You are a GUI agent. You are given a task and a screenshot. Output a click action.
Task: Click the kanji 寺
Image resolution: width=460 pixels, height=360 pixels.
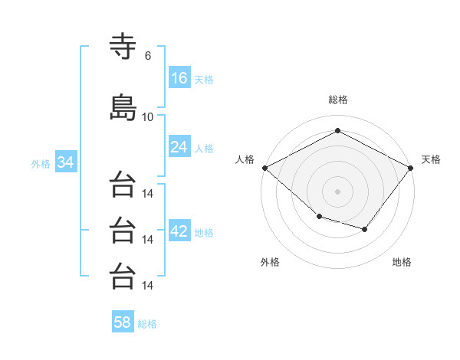pyautogui.click(x=123, y=46)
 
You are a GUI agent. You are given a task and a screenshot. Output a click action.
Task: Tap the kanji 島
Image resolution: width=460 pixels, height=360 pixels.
pyautogui.click(x=123, y=107)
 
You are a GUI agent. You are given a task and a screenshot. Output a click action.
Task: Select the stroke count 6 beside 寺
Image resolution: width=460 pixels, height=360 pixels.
pyautogui.click(x=148, y=56)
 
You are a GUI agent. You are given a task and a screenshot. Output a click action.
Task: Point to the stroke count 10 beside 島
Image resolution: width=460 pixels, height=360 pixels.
pyautogui.click(x=147, y=117)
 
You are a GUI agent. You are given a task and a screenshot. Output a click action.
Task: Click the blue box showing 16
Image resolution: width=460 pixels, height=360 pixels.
pyautogui.click(x=179, y=77)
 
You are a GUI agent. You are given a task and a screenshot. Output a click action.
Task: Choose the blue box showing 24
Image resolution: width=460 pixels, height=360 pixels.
pyautogui.click(x=179, y=146)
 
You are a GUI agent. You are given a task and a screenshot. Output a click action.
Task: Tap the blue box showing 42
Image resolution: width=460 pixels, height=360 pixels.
pyautogui.click(x=179, y=230)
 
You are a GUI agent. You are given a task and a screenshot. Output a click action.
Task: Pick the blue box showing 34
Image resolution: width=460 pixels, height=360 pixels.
pyautogui.click(x=66, y=162)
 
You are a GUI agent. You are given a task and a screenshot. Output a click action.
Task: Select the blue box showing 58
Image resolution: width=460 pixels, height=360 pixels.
pyautogui.click(x=123, y=321)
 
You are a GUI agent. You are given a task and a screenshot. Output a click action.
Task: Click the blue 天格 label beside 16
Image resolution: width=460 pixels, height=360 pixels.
pyautogui.click(x=204, y=80)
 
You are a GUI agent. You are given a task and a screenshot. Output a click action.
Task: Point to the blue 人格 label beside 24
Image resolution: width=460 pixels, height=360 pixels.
pyautogui.click(x=204, y=149)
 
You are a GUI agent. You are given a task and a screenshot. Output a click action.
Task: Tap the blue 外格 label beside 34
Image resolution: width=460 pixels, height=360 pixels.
pyautogui.click(x=41, y=164)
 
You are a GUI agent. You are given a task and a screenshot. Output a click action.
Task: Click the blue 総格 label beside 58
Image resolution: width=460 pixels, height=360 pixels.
pyautogui.click(x=147, y=324)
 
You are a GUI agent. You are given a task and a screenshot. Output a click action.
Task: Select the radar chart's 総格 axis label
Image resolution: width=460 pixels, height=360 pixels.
pyautogui.click(x=338, y=100)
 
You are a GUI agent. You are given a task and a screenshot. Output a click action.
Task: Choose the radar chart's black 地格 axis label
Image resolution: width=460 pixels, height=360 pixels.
pyautogui.click(x=402, y=262)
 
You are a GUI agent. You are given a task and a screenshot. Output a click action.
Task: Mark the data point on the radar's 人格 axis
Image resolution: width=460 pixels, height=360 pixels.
pyautogui.click(x=265, y=168)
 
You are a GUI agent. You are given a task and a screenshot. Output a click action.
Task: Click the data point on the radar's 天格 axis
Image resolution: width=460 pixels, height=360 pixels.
pyautogui.click(x=410, y=168)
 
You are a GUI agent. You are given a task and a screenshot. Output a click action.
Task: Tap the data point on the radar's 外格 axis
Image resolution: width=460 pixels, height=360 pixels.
pyautogui.click(x=320, y=217)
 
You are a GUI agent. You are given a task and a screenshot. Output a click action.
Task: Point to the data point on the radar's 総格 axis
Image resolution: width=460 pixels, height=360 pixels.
pyautogui.click(x=337, y=130)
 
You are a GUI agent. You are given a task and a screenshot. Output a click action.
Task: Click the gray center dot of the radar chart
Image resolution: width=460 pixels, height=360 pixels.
pyautogui.click(x=337, y=191)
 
